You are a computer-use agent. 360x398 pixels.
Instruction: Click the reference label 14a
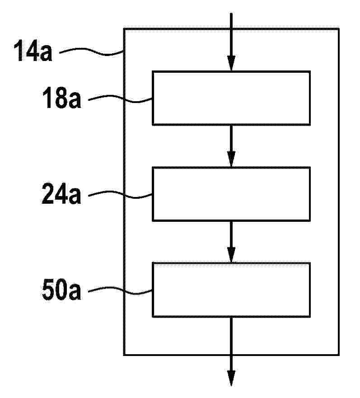pos(33,51)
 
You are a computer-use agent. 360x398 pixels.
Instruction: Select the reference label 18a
pos(62,98)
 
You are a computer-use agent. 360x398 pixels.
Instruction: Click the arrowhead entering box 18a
pos(231,63)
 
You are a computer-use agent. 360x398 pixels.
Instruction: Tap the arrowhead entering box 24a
pos(231,159)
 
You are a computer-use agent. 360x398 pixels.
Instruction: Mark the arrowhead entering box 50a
pos(231,255)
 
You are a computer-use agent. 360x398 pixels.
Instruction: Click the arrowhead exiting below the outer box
pos(231,378)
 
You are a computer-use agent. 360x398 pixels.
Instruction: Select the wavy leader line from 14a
pos(91,51)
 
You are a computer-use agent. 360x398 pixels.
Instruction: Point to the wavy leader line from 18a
pos(120,99)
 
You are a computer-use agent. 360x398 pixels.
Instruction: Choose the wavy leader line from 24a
pos(120,195)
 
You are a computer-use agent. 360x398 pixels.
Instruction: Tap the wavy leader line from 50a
pos(120,290)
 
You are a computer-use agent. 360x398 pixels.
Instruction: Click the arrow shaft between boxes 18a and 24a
pos(231,138)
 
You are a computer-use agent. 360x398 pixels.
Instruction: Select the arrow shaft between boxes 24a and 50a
pos(231,234)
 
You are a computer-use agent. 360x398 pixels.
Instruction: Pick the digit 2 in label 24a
pos(48,193)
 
